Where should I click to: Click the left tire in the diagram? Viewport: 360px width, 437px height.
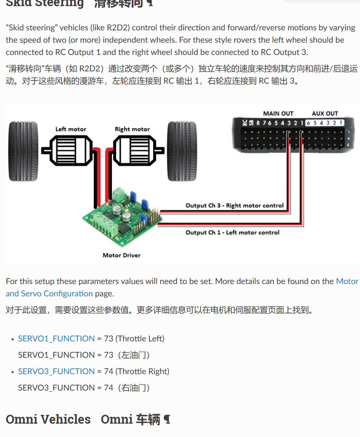click(x=23, y=151)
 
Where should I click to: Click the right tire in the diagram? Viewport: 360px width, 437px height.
click(x=182, y=151)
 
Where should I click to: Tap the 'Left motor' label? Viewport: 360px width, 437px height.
click(x=71, y=129)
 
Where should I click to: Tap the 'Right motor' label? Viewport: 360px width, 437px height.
click(x=132, y=129)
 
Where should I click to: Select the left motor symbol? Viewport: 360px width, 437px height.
click(x=67, y=151)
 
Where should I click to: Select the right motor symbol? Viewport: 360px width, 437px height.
click(x=139, y=151)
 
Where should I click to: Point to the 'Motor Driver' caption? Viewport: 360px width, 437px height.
click(x=121, y=255)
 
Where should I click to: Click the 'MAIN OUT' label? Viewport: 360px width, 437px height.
click(x=278, y=113)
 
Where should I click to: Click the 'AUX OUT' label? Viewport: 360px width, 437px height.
click(x=325, y=113)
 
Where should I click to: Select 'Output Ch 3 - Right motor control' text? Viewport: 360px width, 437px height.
click(x=234, y=205)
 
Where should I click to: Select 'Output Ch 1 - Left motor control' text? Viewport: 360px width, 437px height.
click(x=232, y=232)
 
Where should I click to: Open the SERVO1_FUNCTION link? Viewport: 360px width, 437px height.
click(x=56, y=338)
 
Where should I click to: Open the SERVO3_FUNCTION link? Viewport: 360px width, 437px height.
click(x=56, y=371)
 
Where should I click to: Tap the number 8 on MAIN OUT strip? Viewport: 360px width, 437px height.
click(x=258, y=123)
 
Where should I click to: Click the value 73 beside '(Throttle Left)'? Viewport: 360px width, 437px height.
click(x=109, y=338)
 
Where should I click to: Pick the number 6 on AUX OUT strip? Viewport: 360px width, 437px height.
click(x=308, y=123)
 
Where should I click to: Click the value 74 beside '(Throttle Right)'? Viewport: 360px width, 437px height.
click(x=109, y=371)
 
